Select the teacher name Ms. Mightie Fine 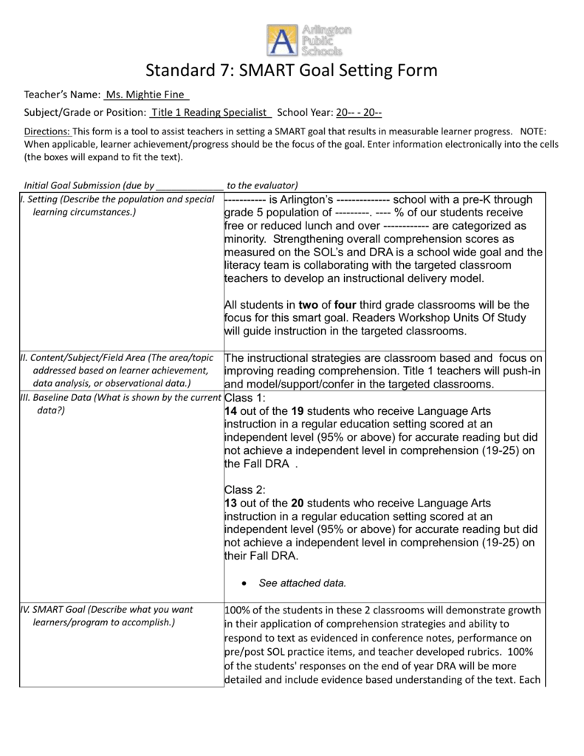[148, 95]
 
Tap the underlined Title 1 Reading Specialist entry [211, 113]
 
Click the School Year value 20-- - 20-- [359, 113]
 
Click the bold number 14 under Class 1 [230, 410]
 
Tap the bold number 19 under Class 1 [298, 410]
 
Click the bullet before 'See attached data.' [244, 583]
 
